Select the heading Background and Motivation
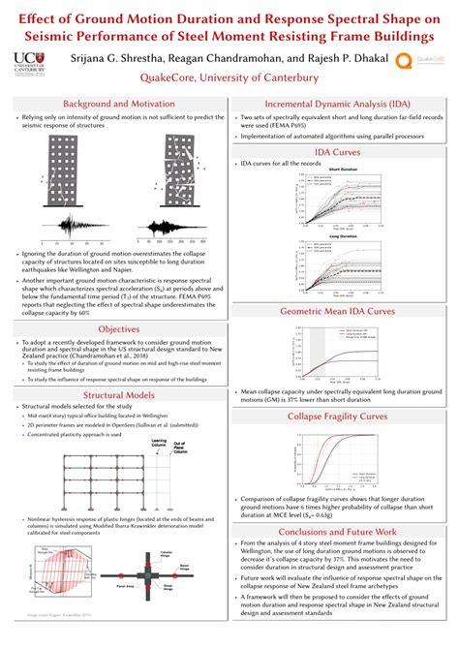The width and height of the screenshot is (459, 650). coord(115,104)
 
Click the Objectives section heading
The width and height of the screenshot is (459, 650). coord(115,329)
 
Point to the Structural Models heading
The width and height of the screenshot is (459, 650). coord(115,395)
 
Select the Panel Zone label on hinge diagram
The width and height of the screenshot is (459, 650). coord(138,585)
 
